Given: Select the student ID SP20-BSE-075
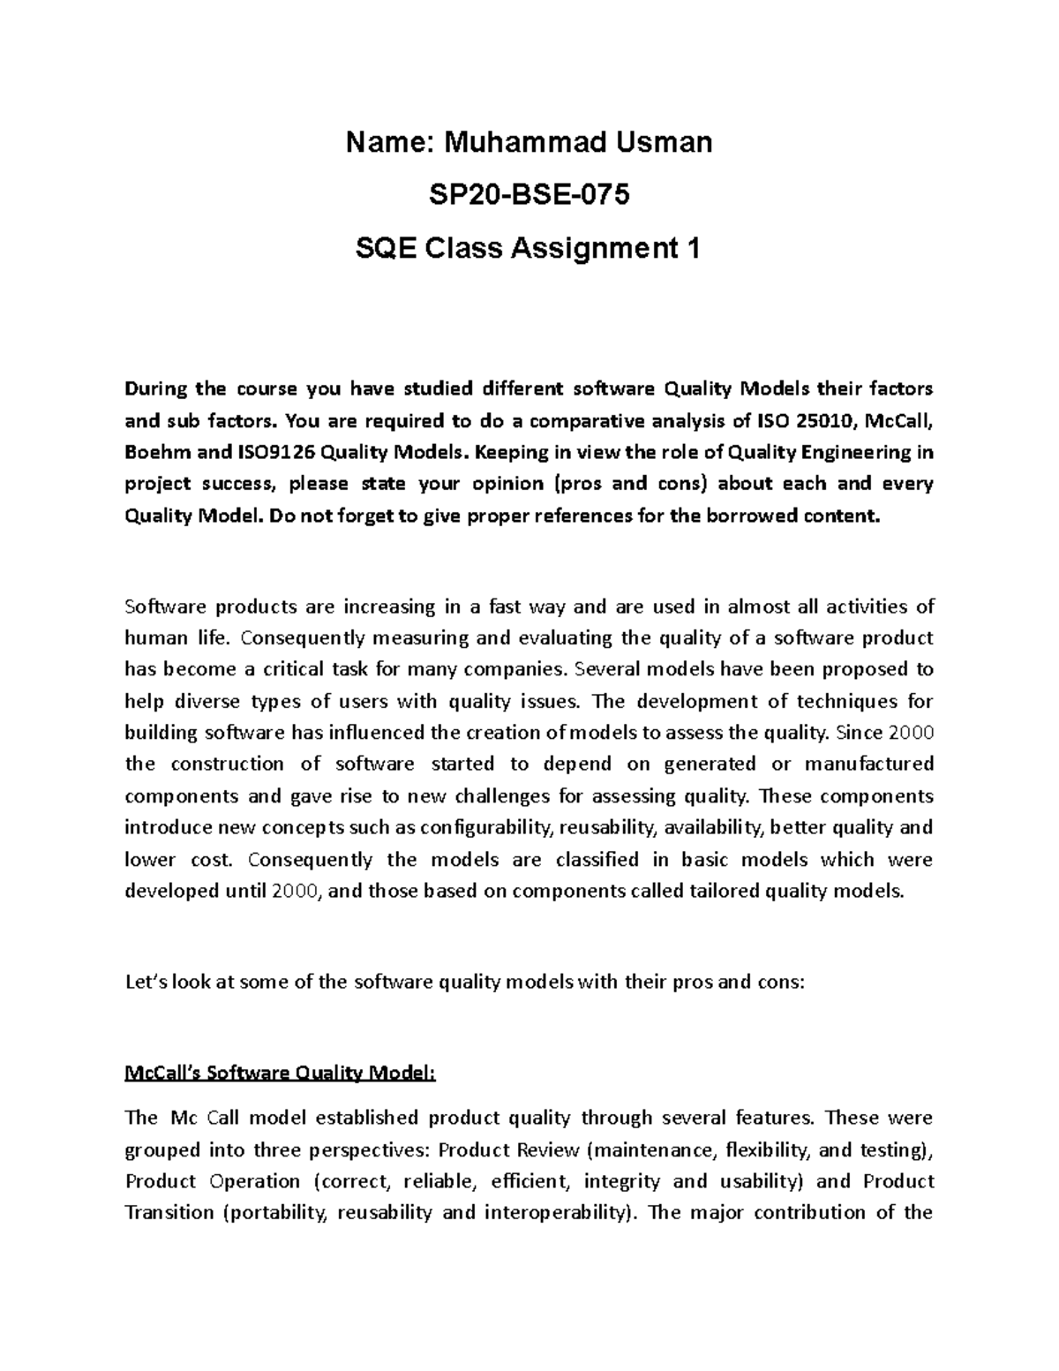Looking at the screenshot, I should tap(529, 195).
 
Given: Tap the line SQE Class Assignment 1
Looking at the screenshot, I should tap(529, 249).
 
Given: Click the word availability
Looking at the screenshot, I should tap(713, 828).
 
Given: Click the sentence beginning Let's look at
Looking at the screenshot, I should tap(465, 982).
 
